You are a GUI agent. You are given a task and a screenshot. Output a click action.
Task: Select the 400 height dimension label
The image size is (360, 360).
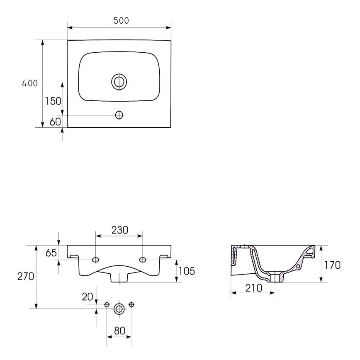pos(30,83)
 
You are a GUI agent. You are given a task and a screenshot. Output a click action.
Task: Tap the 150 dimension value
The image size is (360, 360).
pos(53,101)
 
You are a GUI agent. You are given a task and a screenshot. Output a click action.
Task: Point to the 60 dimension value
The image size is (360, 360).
pos(55,122)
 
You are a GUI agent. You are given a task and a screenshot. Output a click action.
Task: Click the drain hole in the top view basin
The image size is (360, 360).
pos(119,82)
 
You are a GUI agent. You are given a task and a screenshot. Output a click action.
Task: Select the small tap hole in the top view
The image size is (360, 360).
pos(119,114)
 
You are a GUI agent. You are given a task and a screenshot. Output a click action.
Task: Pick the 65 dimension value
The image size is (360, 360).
pos(51,253)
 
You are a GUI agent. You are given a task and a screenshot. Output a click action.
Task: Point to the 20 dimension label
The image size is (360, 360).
pos(88,297)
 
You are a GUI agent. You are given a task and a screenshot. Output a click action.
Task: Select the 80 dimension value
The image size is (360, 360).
pos(120,331)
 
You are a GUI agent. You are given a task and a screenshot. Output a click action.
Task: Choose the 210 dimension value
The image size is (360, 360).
pos(253,288)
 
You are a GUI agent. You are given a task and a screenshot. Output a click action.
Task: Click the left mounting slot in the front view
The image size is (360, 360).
pos(96,260)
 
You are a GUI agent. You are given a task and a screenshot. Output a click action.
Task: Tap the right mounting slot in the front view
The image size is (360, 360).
pos(143,260)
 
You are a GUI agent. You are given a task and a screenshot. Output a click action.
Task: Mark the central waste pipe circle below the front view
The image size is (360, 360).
pos(119,309)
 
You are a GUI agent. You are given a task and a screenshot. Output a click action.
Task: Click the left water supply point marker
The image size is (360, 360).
pos(107,305)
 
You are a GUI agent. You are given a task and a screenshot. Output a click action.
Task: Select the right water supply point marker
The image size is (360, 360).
pos(132,305)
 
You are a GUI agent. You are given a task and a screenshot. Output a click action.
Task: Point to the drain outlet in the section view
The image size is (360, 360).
pos(275,277)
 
